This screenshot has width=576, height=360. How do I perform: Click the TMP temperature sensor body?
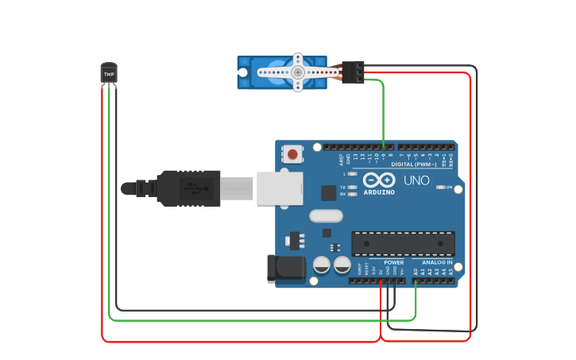tap(109, 73)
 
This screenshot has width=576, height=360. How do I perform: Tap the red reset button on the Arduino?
tap(293, 154)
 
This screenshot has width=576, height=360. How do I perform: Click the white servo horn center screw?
tap(298, 72)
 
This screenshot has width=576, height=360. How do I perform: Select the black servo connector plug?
tap(354, 72)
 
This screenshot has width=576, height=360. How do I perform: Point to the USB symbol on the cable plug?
tap(192, 188)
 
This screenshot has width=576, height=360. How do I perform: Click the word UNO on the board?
tap(416, 180)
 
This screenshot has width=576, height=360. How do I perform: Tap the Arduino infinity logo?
tap(379, 180)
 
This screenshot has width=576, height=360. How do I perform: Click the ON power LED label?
tap(449, 188)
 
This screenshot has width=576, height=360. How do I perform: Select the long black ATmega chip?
tap(403, 243)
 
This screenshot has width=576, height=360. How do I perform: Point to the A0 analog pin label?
tap(416, 271)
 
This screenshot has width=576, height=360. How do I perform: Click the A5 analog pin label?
tap(451, 271)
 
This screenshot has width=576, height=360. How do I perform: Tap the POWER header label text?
tap(393, 262)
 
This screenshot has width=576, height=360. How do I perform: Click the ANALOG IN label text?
tap(437, 262)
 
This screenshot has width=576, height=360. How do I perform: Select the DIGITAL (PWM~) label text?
tap(421, 165)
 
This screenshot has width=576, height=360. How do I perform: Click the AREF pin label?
tap(341, 158)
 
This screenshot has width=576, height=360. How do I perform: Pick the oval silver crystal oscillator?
tap(326, 215)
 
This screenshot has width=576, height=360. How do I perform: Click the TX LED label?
tap(343, 187)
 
